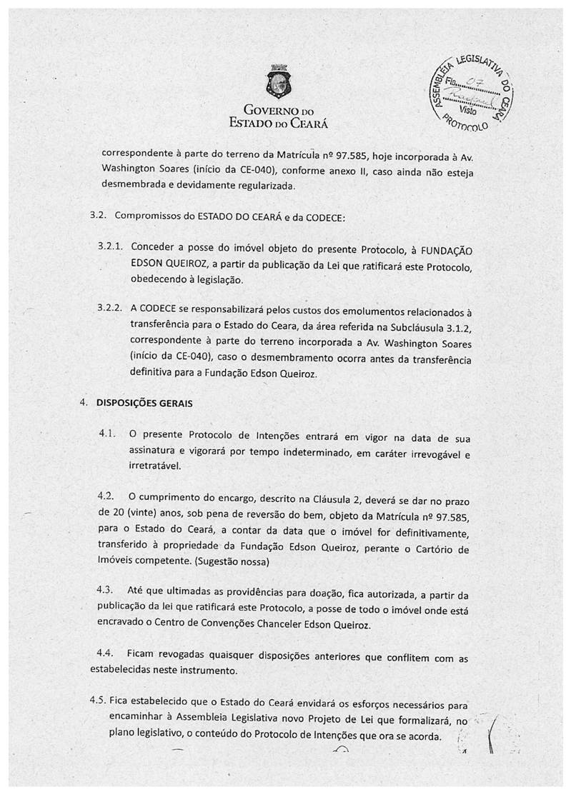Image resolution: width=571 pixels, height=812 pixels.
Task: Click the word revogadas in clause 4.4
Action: (194, 656)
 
